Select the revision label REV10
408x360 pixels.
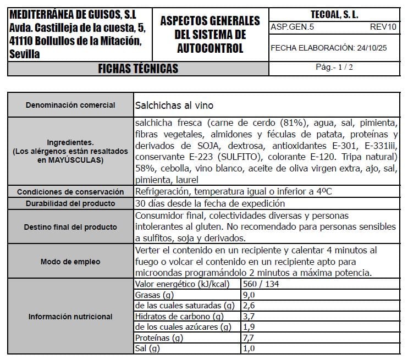[383, 26]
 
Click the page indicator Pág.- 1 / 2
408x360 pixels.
[334, 67]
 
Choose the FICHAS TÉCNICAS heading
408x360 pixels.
[138, 68]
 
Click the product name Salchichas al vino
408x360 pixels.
[174, 105]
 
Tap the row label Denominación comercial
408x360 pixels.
[70, 105]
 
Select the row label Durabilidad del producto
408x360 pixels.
[70, 203]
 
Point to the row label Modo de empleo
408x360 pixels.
[70, 262]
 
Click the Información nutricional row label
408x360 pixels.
[70, 317]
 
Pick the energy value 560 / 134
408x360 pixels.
[261, 284]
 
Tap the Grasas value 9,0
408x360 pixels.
[249, 295]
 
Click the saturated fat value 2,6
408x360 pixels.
[249, 306]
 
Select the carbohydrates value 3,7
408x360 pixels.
[249, 317]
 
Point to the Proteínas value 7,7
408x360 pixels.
[249, 338]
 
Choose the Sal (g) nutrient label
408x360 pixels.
[147, 348]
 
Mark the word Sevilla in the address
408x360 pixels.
[24, 54]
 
